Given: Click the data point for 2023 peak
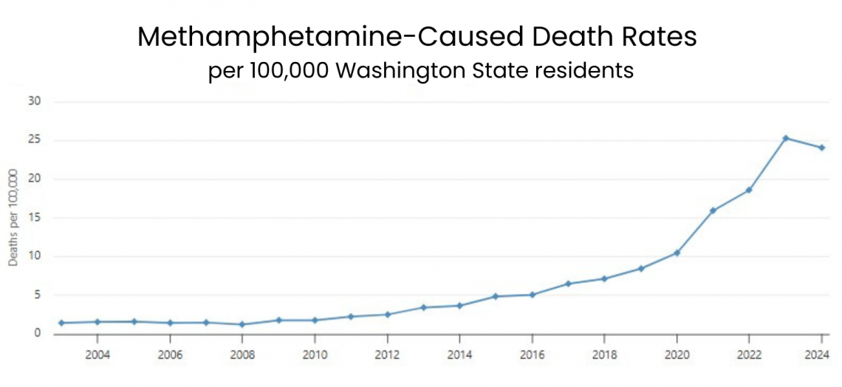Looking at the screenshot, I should pos(785,138).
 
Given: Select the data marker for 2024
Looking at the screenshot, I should pos(821,148).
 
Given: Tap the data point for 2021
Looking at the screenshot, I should pos(713,210).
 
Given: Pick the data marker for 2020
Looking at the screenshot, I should pos(677,253).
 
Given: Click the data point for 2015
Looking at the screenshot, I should pos(496,296).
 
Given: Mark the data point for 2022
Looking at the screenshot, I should pos(749,190).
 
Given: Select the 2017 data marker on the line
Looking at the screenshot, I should pos(568,284).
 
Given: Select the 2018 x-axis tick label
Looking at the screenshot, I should pos(604,355).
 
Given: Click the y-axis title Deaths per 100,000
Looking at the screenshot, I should pos(13,218).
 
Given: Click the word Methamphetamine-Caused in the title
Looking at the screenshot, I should pos(295,37).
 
